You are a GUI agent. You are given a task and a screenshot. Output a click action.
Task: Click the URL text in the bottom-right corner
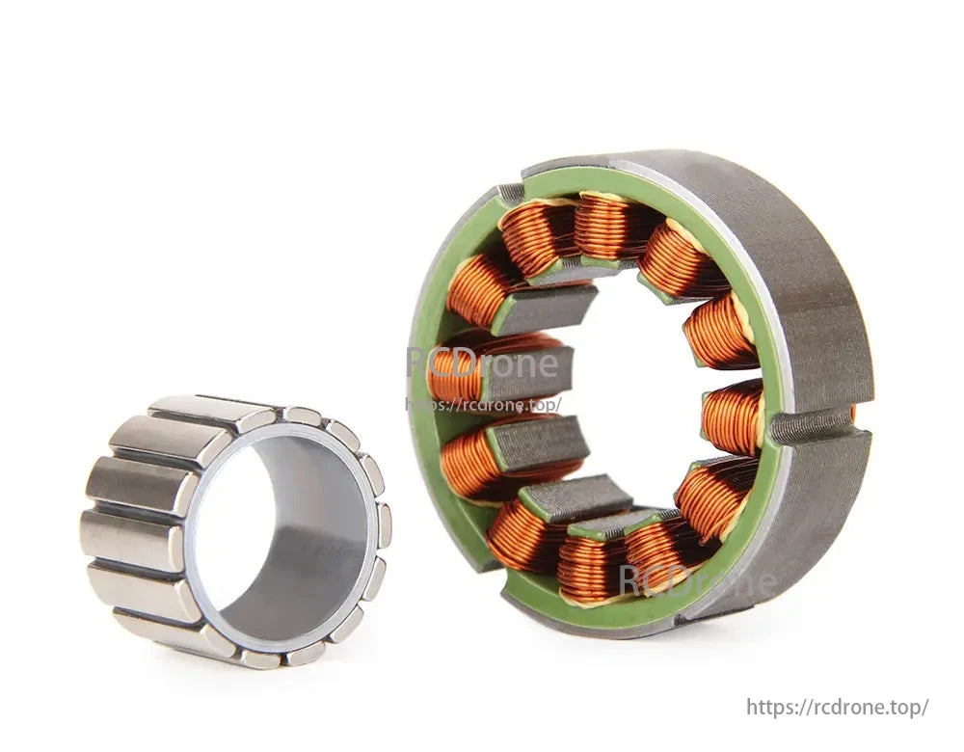pos(837,707)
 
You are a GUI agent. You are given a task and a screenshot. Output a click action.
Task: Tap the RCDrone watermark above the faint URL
pos(482,364)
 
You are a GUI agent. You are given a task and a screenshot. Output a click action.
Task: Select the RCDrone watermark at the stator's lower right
pos(697,580)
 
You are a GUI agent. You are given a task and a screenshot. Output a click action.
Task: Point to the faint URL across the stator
pos(482,405)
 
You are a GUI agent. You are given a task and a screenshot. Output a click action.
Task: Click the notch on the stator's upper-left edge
pos(510,193)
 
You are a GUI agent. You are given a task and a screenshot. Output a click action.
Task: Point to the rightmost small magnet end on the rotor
pos(384,525)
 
